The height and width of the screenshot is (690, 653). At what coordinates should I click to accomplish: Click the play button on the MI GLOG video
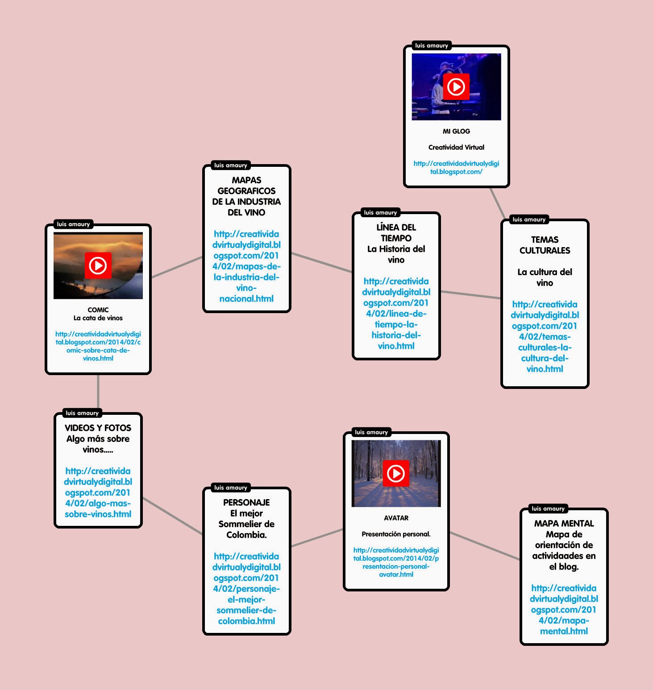point(456,87)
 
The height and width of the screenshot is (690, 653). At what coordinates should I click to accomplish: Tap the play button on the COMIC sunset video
point(98,265)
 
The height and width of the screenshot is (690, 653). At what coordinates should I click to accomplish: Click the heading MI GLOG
point(456,131)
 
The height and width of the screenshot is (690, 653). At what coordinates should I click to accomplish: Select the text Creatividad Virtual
point(456,147)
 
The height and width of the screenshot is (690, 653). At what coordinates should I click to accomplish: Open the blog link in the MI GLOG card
point(456,168)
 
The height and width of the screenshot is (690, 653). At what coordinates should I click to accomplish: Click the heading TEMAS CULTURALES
point(545,245)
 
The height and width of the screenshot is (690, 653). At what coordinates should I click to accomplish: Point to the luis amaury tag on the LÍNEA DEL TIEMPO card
point(380,213)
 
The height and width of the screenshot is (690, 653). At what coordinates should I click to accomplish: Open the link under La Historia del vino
point(396,314)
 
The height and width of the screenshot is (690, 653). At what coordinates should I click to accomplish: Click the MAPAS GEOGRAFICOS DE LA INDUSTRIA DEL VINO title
point(246,196)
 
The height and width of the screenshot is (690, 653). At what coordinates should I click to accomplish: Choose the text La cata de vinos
point(98,318)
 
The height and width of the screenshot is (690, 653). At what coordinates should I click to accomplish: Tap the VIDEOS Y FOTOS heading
point(98,428)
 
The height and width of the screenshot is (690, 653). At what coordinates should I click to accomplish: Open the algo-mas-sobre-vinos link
point(98,492)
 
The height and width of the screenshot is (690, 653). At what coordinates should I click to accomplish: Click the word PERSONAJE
point(246,502)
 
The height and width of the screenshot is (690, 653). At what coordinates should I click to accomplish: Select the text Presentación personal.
point(396,534)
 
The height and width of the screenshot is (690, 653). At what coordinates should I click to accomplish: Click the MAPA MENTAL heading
point(564,523)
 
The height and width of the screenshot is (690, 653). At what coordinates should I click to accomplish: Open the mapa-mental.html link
point(564,610)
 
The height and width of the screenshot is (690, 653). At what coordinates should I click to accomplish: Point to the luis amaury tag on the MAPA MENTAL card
point(548,508)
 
